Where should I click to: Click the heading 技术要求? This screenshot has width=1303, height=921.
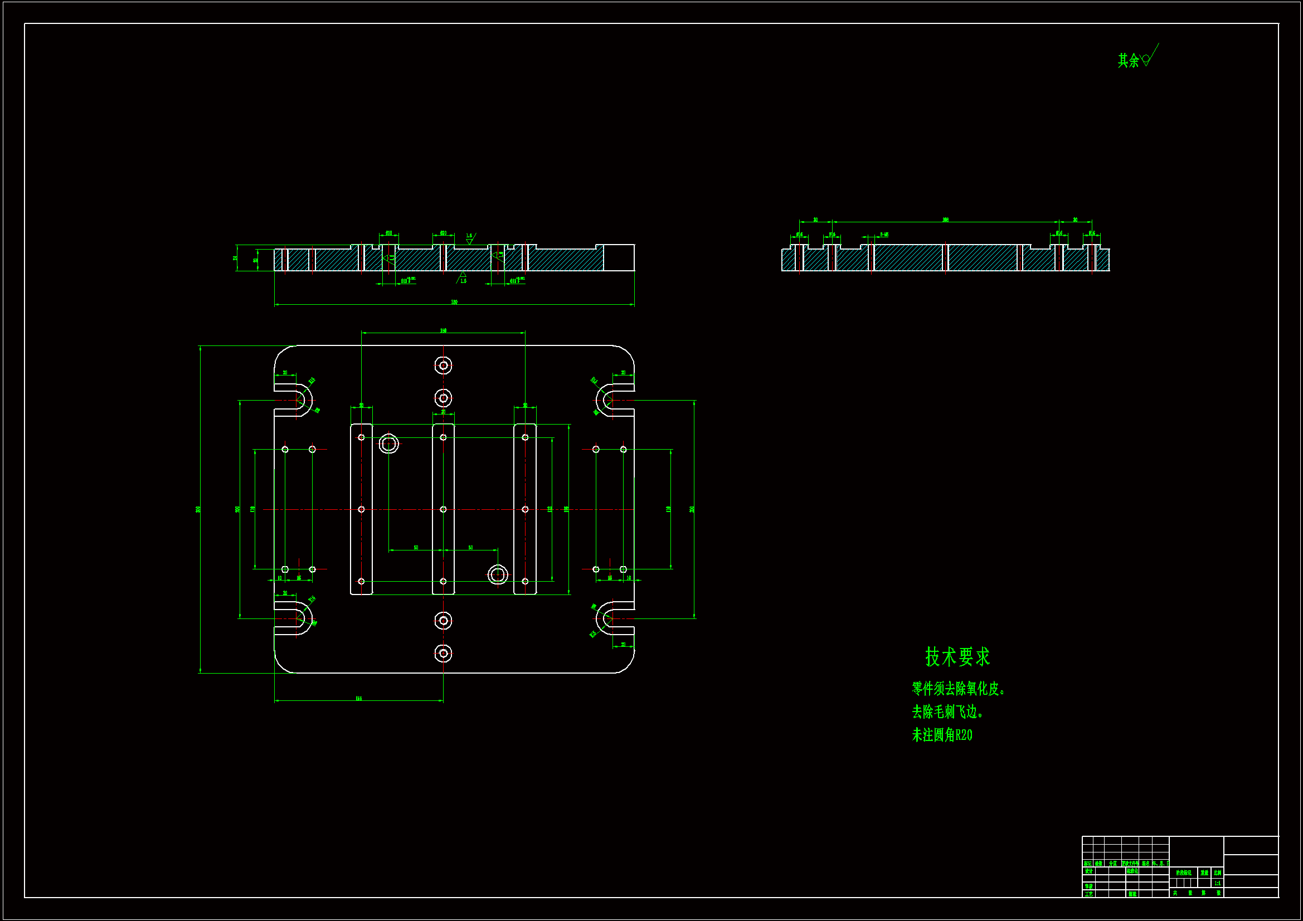pyautogui.click(x=957, y=656)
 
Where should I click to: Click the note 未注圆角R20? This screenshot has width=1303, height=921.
pyautogui.click(x=941, y=735)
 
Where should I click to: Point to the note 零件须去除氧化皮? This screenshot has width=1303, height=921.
pyautogui.click(x=958, y=688)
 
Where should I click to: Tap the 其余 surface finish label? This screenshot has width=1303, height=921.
pyautogui.click(x=1129, y=60)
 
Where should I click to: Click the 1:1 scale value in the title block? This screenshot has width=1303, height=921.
pyautogui.click(x=1217, y=883)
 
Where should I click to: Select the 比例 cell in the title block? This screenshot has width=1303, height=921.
pyautogui.click(x=1217, y=873)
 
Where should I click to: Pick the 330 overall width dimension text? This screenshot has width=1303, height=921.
pyautogui.click(x=454, y=302)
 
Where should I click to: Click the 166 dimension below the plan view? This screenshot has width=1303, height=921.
pyautogui.click(x=359, y=698)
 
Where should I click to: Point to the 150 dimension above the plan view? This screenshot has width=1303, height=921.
pyautogui.click(x=443, y=330)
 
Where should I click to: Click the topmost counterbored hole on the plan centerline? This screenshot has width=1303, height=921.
pyautogui.click(x=443, y=366)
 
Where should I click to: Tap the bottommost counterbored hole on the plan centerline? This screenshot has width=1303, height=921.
pyautogui.click(x=443, y=654)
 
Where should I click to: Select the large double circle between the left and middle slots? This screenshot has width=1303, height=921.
pyautogui.click(x=389, y=444)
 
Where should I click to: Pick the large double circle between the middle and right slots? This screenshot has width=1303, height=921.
pyautogui.click(x=498, y=574)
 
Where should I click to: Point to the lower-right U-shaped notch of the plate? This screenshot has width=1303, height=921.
pyautogui.click(x=611, y=618)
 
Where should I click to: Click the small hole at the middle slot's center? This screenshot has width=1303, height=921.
pyautogui.click(x=443, y=510)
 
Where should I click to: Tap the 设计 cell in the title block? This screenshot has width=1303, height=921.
pyautogui.click(x=1088, y=871)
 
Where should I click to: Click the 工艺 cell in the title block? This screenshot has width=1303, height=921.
pyautogui.click(x=1088, y=894)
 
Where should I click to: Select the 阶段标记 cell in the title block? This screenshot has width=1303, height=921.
pyautogui.click(x=1183, y=873)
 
